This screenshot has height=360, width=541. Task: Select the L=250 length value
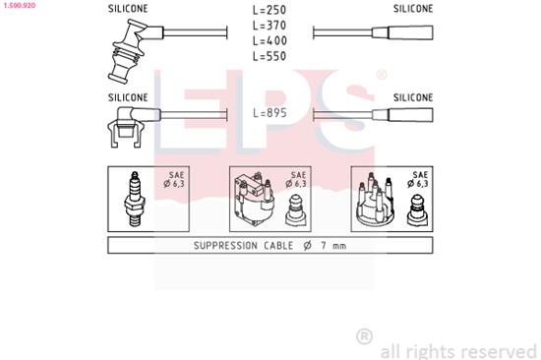[x=270, y=10]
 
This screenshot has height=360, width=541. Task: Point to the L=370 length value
[x=270, y=26]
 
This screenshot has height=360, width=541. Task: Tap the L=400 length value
[x=270, y=41]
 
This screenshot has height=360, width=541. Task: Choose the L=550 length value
[x=270, y=57]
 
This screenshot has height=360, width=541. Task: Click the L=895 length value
[x=270, y=114]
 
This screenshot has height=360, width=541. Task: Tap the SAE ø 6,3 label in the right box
[x=419, y=178]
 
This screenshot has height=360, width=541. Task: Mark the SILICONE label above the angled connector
[x=128, y=97]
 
